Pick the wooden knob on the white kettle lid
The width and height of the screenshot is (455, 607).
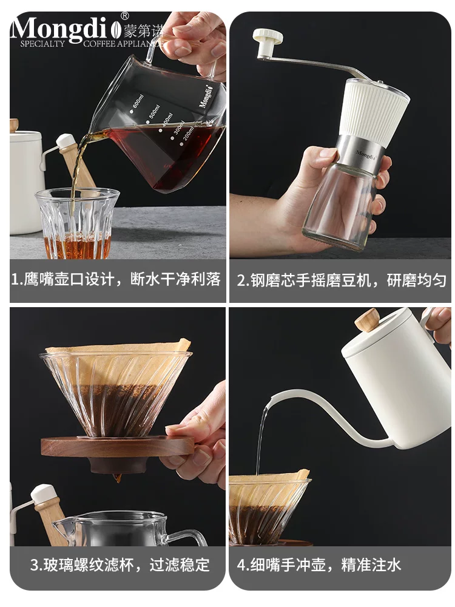point(368,320)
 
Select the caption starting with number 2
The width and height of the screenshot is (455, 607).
point(342,280)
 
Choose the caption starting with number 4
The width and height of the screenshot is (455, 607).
point(318,566)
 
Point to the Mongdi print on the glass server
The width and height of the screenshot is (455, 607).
point(207,97)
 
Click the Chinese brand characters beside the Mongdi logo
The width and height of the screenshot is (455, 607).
point(140,28)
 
